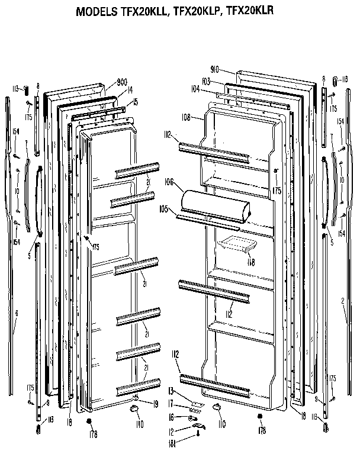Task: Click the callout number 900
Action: [x=123, y=82]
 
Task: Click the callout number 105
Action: [x=164, y=208]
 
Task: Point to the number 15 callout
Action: [x=136, y=102]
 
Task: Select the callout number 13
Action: [x=171, y=391]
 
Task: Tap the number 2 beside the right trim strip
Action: [x=343, y=302]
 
